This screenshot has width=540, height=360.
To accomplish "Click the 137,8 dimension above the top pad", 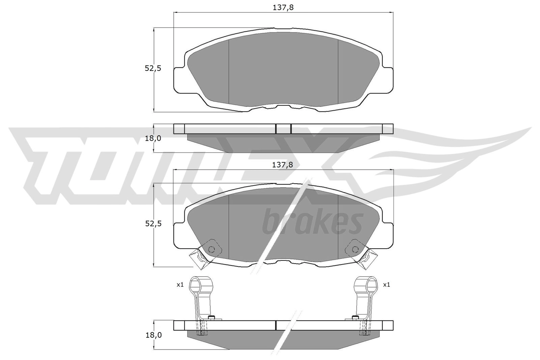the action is (283, 8).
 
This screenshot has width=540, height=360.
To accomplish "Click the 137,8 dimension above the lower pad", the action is (282, 165).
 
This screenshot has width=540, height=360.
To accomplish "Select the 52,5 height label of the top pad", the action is (153, 68).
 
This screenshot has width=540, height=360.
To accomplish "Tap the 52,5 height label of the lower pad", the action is (153, 224).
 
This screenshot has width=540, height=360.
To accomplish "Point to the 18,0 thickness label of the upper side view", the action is (153, 138).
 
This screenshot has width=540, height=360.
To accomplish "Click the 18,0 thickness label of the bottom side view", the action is (154, 335).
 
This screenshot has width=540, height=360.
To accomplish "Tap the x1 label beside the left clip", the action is (180, 285).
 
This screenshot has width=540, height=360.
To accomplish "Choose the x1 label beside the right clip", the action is (386, 285).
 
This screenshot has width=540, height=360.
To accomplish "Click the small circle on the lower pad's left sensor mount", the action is (211, 249).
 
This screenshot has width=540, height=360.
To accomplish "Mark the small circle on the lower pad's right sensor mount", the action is (355, 249).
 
